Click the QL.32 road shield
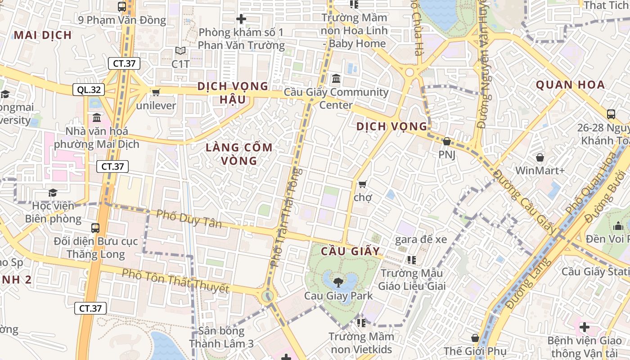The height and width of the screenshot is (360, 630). click(89, 90)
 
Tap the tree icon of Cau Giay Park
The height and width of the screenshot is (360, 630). click(337, 282)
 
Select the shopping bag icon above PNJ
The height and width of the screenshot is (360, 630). click(446, 141)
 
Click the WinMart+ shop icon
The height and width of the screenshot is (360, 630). click(540, 157)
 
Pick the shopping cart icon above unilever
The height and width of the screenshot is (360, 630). click(156, 92)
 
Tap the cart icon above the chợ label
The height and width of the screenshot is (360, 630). click(362, 184)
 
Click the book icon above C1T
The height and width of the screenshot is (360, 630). click(180, 51)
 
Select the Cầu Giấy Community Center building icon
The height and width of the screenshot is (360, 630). click(336, 79)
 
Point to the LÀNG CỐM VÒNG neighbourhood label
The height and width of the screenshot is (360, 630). click(239, 154)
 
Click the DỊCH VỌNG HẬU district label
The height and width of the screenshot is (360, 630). click(233, 92)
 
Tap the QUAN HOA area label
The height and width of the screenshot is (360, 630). click(570, 85)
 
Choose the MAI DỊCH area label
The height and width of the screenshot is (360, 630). click(43, 35)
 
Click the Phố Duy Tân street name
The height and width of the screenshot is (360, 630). click(189, 219)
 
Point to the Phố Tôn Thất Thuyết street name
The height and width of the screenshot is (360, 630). click(175, 280)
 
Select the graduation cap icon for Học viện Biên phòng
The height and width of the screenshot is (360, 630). click(53, 193)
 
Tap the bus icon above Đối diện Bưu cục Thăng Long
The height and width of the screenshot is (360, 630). click(95, 228)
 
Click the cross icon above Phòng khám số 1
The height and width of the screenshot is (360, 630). click(241, 19)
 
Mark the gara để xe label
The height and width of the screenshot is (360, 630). click(421, 239)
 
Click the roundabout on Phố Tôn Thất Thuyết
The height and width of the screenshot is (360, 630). click(268, 296)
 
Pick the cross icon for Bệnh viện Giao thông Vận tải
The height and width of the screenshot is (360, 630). click(584, 327)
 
